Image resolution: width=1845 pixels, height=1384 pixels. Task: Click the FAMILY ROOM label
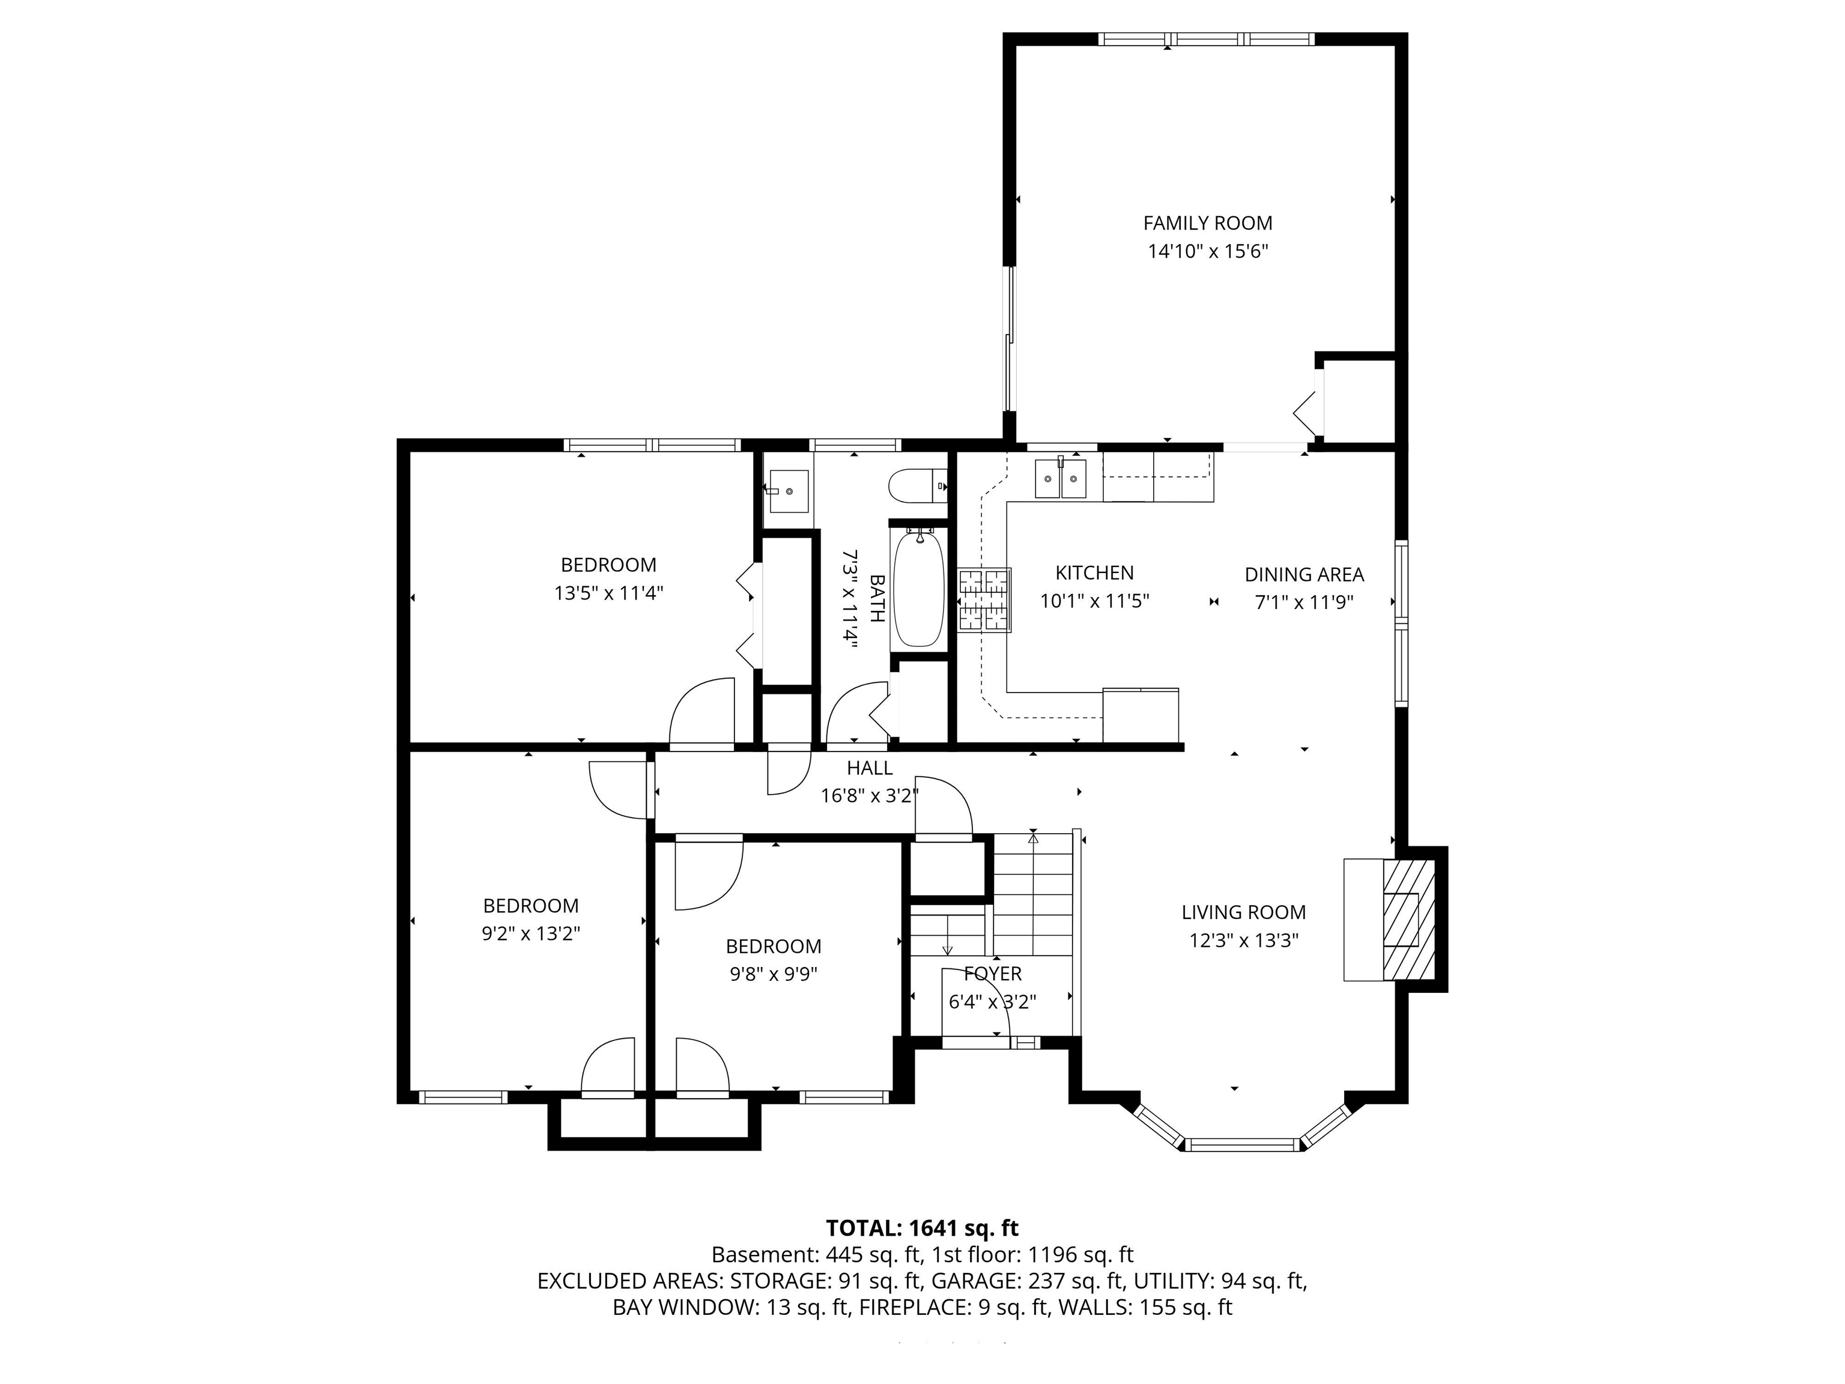tap(1207, 223)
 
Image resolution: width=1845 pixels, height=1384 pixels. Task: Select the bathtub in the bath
tap(918, 589)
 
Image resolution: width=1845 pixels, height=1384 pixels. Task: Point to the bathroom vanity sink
tap(788, 491)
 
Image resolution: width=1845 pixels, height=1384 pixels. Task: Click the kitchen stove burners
tap(984, 599)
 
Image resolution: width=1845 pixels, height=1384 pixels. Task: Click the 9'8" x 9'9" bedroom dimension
tap(773, 974)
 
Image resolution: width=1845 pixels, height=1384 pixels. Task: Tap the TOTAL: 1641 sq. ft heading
tap(922, 1228)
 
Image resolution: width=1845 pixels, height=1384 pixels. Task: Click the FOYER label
tap(993, 974)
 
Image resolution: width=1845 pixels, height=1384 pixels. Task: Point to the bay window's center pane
tap(1242, 1144)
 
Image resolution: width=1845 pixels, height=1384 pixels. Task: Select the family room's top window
tap(1206, 38)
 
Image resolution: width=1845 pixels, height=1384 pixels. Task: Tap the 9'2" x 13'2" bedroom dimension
tap(530, 933)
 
